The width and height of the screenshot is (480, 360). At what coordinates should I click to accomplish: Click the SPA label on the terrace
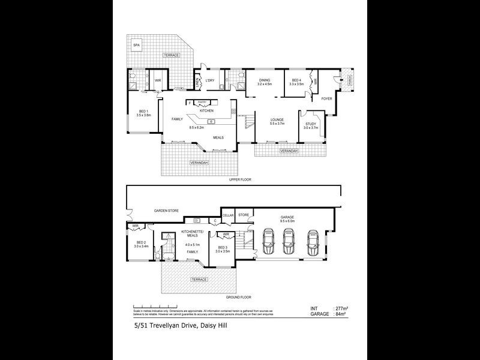[x=136, y=45]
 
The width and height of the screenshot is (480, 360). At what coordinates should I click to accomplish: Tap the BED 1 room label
[x=143, y=111]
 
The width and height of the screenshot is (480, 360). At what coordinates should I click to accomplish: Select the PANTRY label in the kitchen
[x=202, y=103]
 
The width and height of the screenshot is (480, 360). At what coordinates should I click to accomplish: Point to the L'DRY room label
[x=210, y=80]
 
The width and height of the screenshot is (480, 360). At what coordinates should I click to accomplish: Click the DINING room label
[x=265, y=80]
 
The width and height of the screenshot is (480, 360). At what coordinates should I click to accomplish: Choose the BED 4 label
[x=296, y=80]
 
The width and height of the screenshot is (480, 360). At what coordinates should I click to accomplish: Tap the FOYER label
[x=327, y=98]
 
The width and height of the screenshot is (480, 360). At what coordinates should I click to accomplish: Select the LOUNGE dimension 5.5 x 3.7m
[x=277, y=124]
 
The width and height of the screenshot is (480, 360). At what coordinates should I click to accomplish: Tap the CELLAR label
[x=228, y=214]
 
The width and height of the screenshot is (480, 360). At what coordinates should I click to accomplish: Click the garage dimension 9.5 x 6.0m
[x=289, y=221]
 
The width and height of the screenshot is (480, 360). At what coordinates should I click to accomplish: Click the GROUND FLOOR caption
[x=238, y=297]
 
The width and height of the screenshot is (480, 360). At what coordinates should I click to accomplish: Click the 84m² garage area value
[x=343, y=314]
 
